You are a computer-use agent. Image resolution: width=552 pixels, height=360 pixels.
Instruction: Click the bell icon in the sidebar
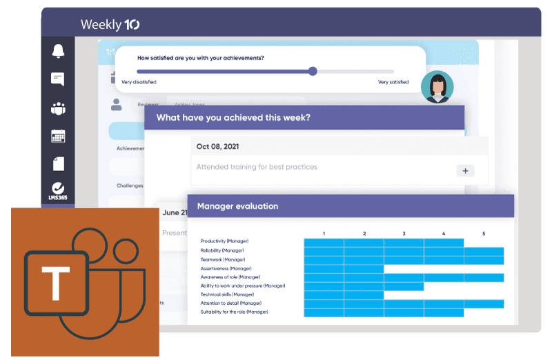coord(58,51)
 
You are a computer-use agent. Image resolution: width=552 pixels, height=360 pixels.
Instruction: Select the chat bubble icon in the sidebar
coord(58,79)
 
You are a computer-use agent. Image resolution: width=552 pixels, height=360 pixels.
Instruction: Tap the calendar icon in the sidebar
coord(58,136)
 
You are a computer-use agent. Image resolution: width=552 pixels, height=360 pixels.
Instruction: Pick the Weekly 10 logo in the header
coord(110,25)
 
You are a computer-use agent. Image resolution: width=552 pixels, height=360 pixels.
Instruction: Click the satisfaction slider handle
coord(313,71)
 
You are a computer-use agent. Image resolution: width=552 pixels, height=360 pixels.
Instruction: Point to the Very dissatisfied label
coord(139,82)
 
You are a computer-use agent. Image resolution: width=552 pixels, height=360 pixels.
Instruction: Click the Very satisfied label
coord(393,82)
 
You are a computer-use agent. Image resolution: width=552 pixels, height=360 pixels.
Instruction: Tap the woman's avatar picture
coord(437,88)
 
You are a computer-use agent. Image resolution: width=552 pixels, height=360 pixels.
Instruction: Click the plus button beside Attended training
coord(465,170)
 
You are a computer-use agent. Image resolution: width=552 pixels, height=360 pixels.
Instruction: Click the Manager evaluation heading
coord(237,206)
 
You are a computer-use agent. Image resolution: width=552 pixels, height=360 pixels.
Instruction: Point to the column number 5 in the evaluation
coord(484,234)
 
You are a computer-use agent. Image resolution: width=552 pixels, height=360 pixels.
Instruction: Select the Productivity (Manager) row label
coord(224,241)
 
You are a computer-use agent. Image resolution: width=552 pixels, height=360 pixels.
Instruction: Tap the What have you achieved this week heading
coord(233,118)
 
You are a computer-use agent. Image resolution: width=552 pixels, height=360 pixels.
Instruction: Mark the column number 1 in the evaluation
coord(324,234)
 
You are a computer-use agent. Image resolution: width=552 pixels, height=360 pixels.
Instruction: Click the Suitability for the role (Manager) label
coord(234,312)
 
